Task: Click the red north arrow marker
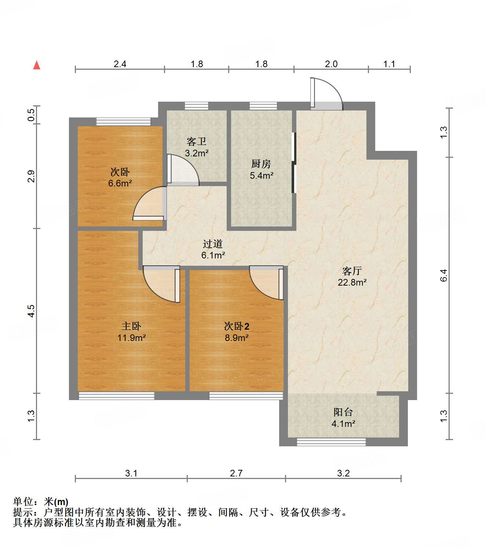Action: pyautogui.click(x=37, y=65)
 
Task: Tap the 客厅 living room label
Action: pyautogui.click(x=352, y=271)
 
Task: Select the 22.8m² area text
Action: pyautogui.click(x=352, y=282)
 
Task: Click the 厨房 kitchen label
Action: pyautogui.click(x=261, y=164)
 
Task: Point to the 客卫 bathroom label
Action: pyautogui.click(x=197, y=141)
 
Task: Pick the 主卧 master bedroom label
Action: pyautogui.click(x=131, y=326)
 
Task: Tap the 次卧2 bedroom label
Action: pyautogui.click(x=237, y=326)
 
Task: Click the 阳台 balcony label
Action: pyautogui.click(x=343, y=412)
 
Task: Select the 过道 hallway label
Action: pyautogui.click(x=213, y=244)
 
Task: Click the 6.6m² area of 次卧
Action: pyautogui.click(x=120, y=183)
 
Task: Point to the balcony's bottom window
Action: pyautogui.click(x=331, y=442)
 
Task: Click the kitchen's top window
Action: pyautogui.click(x=263, y=106)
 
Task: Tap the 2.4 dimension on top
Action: pyautogui.click(x=120, y=64)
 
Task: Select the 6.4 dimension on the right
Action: pyautogui.click(x=444, y=275)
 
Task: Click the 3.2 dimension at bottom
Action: pyautogui.click(x=343, y=473)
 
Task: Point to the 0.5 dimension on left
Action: pyautogui.click(x=32, y=115)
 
